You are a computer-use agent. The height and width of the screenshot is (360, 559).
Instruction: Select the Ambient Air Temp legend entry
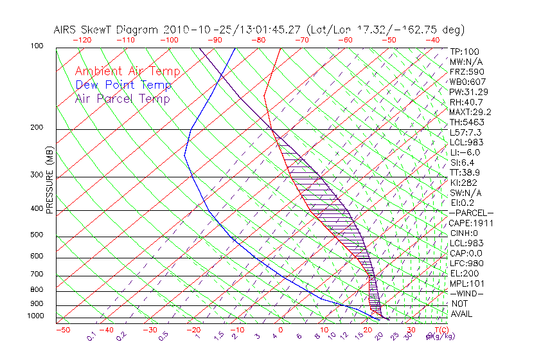(127, 71)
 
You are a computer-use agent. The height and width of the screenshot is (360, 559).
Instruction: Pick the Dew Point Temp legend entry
(123, 85)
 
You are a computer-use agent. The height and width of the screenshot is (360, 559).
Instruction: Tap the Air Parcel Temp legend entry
(122, 98)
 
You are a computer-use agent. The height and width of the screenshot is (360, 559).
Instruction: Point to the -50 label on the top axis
(389, 40)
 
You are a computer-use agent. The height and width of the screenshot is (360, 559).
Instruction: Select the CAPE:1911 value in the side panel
(468, 223)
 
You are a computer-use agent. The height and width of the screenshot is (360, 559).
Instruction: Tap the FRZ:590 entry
(466, 71)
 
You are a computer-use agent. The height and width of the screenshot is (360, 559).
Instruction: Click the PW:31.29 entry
(468, 92)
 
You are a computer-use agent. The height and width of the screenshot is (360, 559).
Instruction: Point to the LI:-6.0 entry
(465, 152)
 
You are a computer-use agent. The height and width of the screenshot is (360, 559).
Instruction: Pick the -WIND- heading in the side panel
(466, 293)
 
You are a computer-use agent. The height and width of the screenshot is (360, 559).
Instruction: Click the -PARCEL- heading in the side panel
(471, 213)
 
